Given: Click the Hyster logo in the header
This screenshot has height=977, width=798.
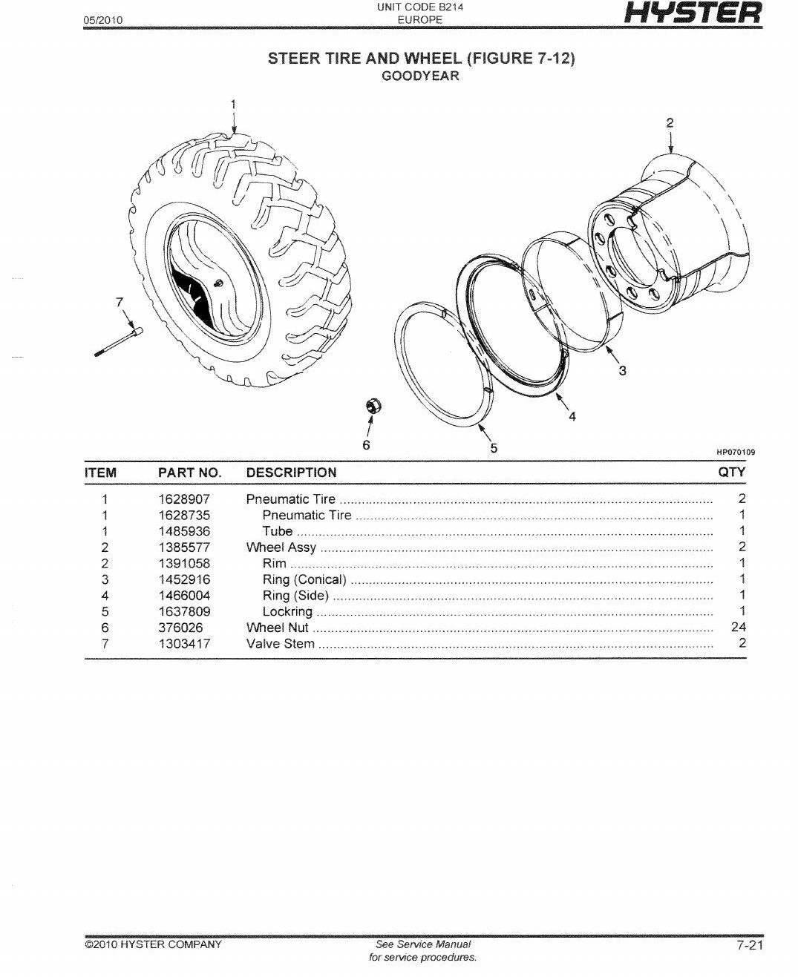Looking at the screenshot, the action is [693, 13].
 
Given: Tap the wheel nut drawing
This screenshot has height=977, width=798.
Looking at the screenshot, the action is [373, 407].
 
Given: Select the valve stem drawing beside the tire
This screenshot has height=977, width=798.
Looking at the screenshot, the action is [118, 342].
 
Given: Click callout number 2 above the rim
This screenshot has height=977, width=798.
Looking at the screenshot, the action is [670, 123].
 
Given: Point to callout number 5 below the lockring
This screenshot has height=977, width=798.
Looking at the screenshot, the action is [494, 448].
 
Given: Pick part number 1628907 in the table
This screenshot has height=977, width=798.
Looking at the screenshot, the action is [184, 499].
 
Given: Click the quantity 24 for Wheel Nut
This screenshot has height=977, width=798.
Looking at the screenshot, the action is [738, 628].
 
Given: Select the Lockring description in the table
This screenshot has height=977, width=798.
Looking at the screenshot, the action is [287, 611].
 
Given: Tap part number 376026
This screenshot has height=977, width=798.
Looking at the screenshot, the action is [180, 628].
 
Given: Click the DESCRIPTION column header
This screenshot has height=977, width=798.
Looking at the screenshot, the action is [291, 473].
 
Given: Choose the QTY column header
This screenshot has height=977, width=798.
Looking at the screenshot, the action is [732, 472].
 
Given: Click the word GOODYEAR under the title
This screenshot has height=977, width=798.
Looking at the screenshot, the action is [420, 76].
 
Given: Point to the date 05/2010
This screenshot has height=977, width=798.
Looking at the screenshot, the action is [103, 20].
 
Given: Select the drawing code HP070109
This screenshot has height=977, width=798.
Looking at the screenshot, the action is [736, 452].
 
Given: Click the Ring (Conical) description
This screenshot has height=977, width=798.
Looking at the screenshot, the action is [304, 579].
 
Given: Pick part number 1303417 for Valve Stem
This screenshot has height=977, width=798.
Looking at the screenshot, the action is [184, 643].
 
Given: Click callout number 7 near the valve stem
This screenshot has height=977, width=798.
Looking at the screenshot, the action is [120, 302].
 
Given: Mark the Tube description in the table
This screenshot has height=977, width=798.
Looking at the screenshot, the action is [278, 531].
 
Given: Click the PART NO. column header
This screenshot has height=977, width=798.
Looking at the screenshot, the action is [189, 473].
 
